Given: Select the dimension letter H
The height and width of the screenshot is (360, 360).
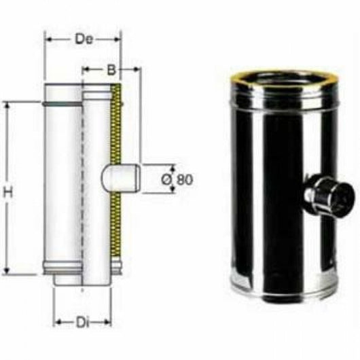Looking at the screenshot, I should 8,193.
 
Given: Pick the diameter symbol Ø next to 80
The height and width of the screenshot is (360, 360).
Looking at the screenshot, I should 167,179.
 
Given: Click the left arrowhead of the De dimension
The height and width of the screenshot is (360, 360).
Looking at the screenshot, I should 48,39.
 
